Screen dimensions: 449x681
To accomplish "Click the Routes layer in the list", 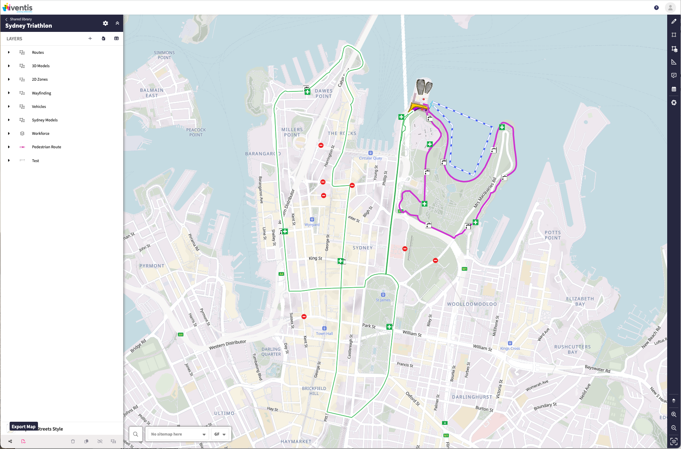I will (x=38, y=53).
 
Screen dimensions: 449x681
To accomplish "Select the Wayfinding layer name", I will (x=41, y=93).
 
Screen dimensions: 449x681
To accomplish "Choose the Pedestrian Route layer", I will (x=46, y=147).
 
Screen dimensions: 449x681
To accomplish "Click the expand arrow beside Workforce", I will (x=9, y=134).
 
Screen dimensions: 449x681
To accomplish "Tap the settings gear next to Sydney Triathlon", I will (x=106, y=23).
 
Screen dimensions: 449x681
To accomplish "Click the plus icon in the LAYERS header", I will (x=90, y=38).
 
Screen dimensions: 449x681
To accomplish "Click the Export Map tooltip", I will (x=23, y=427).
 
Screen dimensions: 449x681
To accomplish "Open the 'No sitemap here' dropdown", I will (x=178, y=434).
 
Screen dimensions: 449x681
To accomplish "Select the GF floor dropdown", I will (x=220, y=434).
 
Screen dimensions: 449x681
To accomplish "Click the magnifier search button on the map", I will (x=136, y=434).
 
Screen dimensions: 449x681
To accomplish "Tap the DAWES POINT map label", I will (x=323, y=94).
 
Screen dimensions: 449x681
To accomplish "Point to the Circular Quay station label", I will (x=370, y=158).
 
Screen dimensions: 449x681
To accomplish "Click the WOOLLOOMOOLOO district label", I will (x=472, y=304).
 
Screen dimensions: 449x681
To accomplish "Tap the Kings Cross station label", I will (x=510, y=348).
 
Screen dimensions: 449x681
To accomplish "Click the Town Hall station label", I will (x=324, y=333).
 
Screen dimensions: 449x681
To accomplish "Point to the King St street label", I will (x=315, y=258).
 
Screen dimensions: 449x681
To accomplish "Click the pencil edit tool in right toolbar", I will (x=674, y=22).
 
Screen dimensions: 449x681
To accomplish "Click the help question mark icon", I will (x=656, y=8).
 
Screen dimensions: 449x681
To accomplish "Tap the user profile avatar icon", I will (x=670, y=8).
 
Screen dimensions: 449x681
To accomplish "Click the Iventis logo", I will (x=18, y=8).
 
